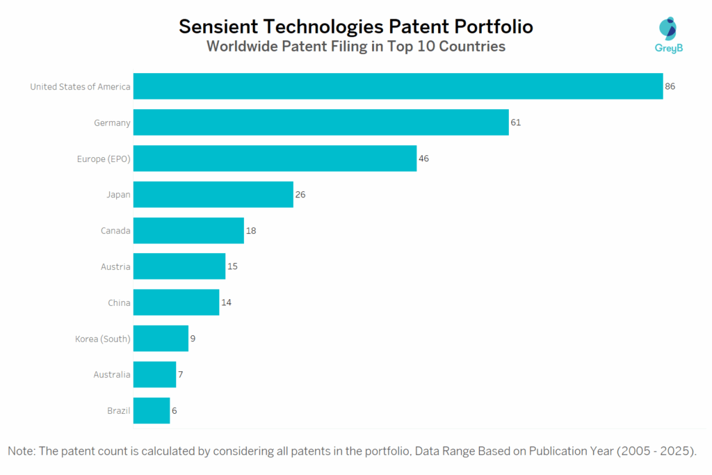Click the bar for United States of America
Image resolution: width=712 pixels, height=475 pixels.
[x=398, y=86]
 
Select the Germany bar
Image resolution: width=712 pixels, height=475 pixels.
[x=321, y=122]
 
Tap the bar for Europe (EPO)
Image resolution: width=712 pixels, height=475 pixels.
[x=275, y=159]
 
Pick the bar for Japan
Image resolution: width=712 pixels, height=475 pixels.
[x=213, y=195]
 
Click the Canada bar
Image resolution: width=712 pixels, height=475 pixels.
[x=188, y=230]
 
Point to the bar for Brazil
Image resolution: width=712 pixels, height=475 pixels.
[x=152, y=410]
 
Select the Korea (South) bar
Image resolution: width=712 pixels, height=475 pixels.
[x=161, y=339]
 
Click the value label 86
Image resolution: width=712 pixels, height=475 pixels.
[x=670, y=86]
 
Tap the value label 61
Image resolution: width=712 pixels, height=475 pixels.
[x=515, y=122]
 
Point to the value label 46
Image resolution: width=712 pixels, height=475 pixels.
[x=423, y=159]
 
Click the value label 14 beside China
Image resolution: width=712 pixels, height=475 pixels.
[x=227, y=303]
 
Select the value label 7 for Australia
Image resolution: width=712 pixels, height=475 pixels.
[x=180, y=375]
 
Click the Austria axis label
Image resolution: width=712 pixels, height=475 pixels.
[x=115, y=266]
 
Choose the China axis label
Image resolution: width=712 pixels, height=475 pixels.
[x=118, y=303]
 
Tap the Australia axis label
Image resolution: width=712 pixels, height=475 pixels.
[x=112, y=375]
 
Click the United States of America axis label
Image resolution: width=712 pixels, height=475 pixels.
[x=80, y=86]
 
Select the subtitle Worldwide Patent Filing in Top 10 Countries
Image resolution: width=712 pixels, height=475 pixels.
[x=356, y=47]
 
